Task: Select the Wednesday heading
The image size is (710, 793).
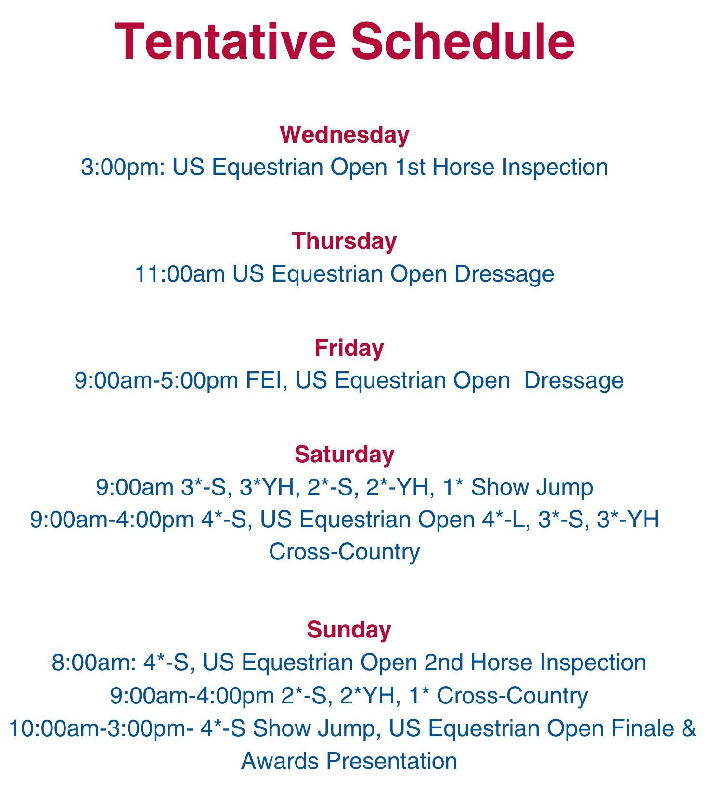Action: pyautogui.click(x=345, y=135)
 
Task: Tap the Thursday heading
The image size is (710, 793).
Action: pyautogui.click(x=345, y=241)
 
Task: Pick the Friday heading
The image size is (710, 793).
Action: pyautogui.click(x=349, y=348)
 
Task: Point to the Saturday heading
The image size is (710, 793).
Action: pyautogui.click(x=345, y=454)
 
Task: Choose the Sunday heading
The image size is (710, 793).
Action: pyautogui.click(x=349, y=629)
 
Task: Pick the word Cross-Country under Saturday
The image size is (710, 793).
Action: pyautogui.click(x=345, y=551)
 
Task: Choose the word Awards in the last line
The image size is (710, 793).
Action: pyautogui.click(x=279, y=761)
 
